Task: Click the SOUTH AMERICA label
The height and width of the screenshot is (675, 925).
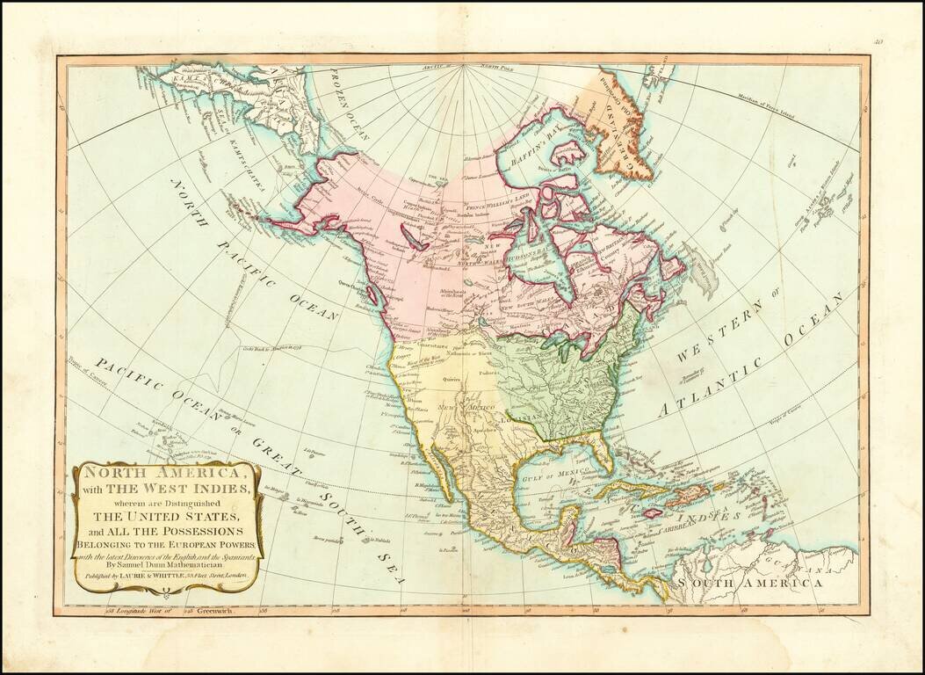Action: [748, 583]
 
